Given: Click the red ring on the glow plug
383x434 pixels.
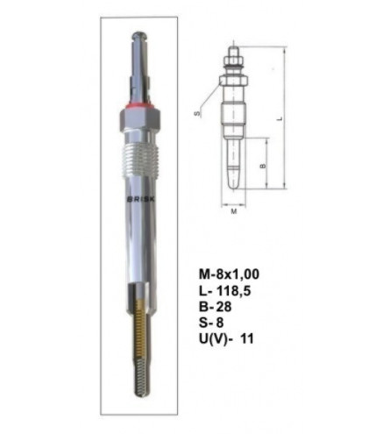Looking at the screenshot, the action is [x=139, y=104].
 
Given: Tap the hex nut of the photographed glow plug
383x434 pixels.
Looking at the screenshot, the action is [x=140, y=119].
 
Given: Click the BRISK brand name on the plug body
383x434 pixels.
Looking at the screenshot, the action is [x=142, y=199].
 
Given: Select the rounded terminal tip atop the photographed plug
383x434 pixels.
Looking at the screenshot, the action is [x=139, y=36].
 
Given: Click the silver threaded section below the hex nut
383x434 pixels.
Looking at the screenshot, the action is [x=139, y=161].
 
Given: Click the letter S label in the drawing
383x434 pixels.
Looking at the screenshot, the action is [x=198, y=113].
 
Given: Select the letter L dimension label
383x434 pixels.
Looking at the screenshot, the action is [x=280, y=118].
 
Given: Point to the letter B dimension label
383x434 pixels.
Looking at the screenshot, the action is [x=263, y=166].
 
